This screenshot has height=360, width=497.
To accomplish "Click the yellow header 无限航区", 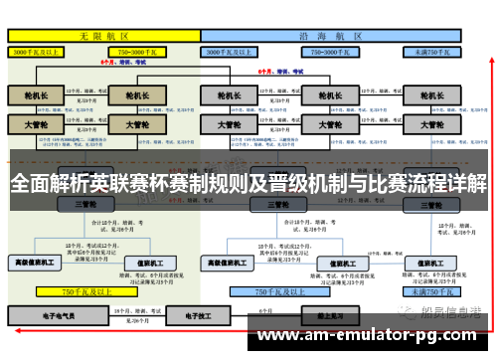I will tap(103, 34).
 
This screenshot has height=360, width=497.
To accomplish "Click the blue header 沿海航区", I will tap(332, 34).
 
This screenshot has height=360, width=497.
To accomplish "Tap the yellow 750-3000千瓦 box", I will tap(145, 50).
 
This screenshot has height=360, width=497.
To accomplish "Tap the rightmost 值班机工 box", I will tap(432, 264).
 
